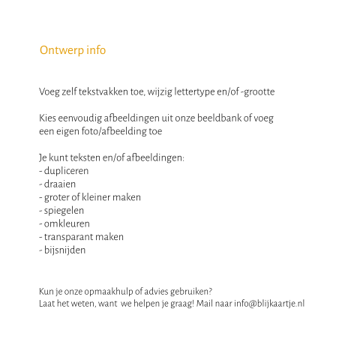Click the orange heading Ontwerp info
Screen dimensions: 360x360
point(73,50)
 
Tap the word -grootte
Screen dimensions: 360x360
point(257,92)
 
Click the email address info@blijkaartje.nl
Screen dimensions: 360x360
point(269,304)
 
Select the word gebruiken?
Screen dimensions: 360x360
point(191,291)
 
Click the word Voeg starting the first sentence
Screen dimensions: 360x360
point(49,92)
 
